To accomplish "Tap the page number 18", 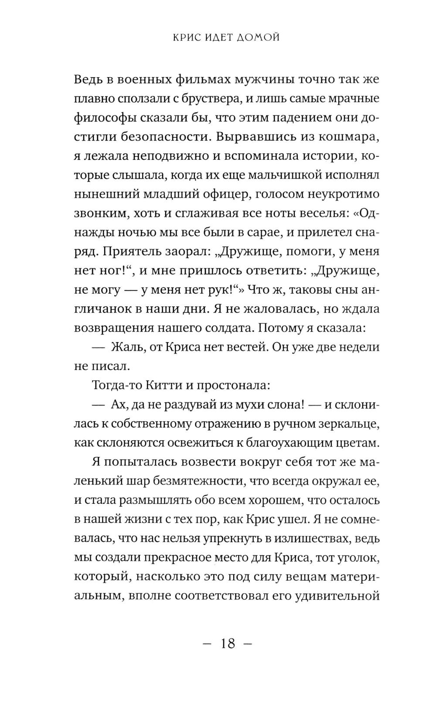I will [x=228, y=643].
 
